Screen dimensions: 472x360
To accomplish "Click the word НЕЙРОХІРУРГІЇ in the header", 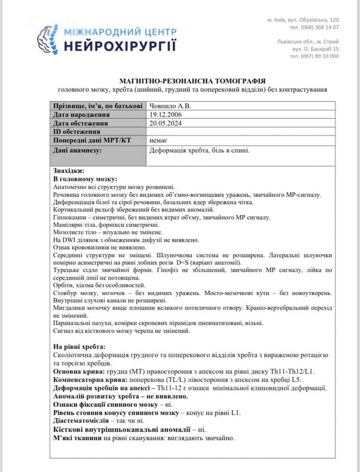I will point(120,46).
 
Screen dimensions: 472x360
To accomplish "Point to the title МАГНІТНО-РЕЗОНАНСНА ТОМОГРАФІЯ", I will point(192,81).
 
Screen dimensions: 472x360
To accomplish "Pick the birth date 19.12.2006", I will point(167,115).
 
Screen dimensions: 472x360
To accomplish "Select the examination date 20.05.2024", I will point(167,123).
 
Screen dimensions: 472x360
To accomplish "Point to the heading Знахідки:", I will point(68,170).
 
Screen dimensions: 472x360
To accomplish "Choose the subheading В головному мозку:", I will point(85,178).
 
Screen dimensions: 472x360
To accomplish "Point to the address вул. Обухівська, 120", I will point(315,19).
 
